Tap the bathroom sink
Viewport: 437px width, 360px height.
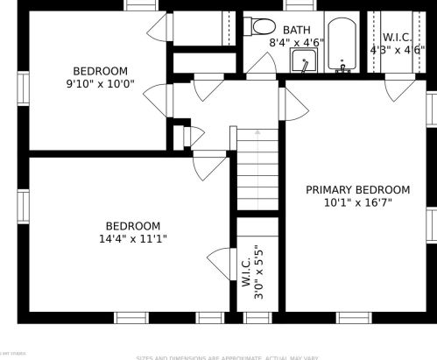point(303,62)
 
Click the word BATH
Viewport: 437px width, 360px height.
point(296,29)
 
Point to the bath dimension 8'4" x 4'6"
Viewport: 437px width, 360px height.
point(296,42)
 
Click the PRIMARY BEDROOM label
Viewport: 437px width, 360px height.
point(357,189)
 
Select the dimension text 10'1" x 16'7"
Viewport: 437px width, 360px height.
point(357,202)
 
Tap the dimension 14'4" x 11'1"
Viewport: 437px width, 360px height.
point(133,238)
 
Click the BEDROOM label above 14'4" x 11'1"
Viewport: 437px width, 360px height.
point(133,225)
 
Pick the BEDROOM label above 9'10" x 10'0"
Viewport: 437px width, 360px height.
point(100,71)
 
